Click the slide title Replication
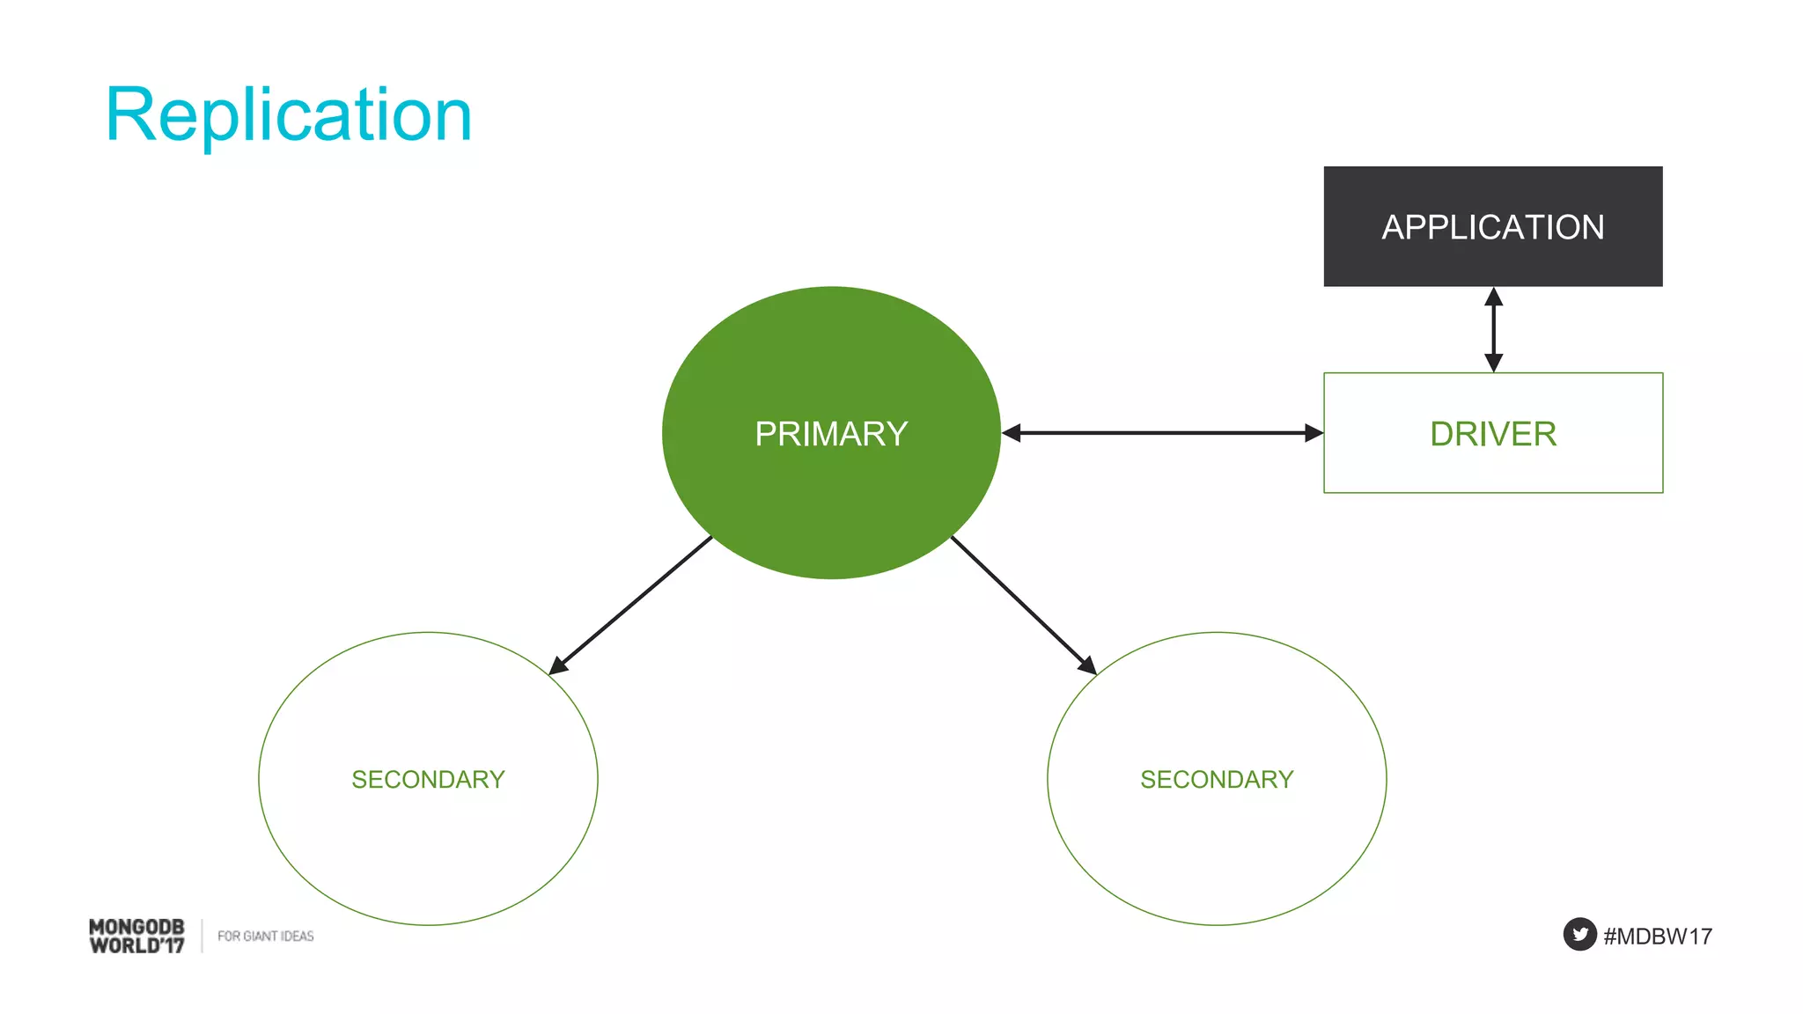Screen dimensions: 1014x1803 coord(289,114)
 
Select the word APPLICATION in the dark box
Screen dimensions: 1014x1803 coord(1492,227)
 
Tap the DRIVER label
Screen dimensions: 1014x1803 coord(1492,434)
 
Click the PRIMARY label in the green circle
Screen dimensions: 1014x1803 coord(831,434)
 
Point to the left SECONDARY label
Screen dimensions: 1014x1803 coord(428,779)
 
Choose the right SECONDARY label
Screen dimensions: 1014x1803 coord(1217,779)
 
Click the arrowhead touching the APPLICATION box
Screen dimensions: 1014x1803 coord(1493,298)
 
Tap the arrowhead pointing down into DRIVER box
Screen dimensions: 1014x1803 coord(1493,362)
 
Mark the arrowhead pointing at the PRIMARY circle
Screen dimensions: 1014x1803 coord(1012,433)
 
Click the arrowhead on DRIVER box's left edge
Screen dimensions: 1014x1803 coord(1314,433)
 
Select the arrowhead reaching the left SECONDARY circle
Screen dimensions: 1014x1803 coord(558,665)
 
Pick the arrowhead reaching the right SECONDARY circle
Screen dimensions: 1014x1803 coord(1087,665)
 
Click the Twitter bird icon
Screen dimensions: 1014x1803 coord(1579,934)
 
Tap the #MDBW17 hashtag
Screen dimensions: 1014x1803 coord(1658,936)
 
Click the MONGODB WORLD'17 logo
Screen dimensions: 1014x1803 coord(137,936)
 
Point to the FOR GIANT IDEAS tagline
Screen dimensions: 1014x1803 coord(265,936)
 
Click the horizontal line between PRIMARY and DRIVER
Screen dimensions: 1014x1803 coord(1162,433)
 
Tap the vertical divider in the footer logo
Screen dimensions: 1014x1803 coord(202,936)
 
